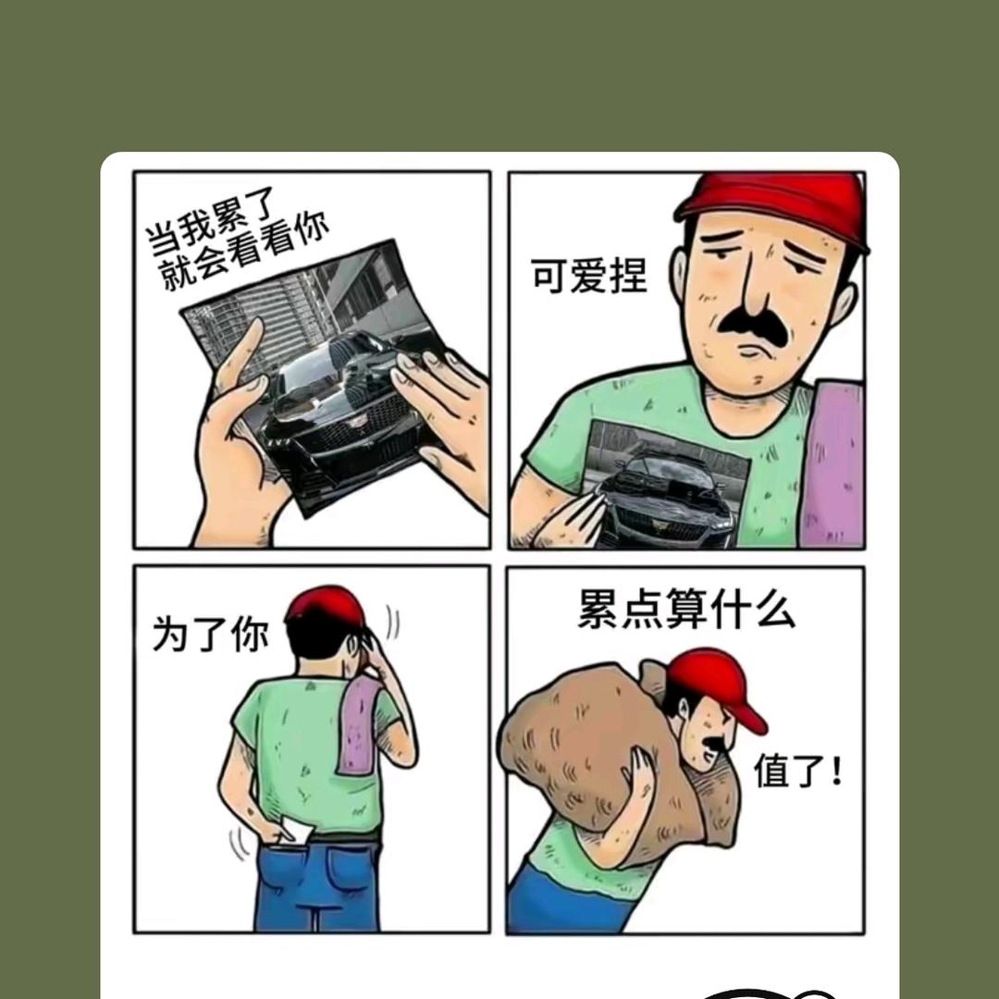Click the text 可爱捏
point(588,276)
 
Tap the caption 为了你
point(210,634)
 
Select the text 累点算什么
point(686,610)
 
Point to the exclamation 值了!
point(798,770)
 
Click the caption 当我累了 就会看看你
point(236,238)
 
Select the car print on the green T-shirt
point(666,484)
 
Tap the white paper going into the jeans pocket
point(298,828)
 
